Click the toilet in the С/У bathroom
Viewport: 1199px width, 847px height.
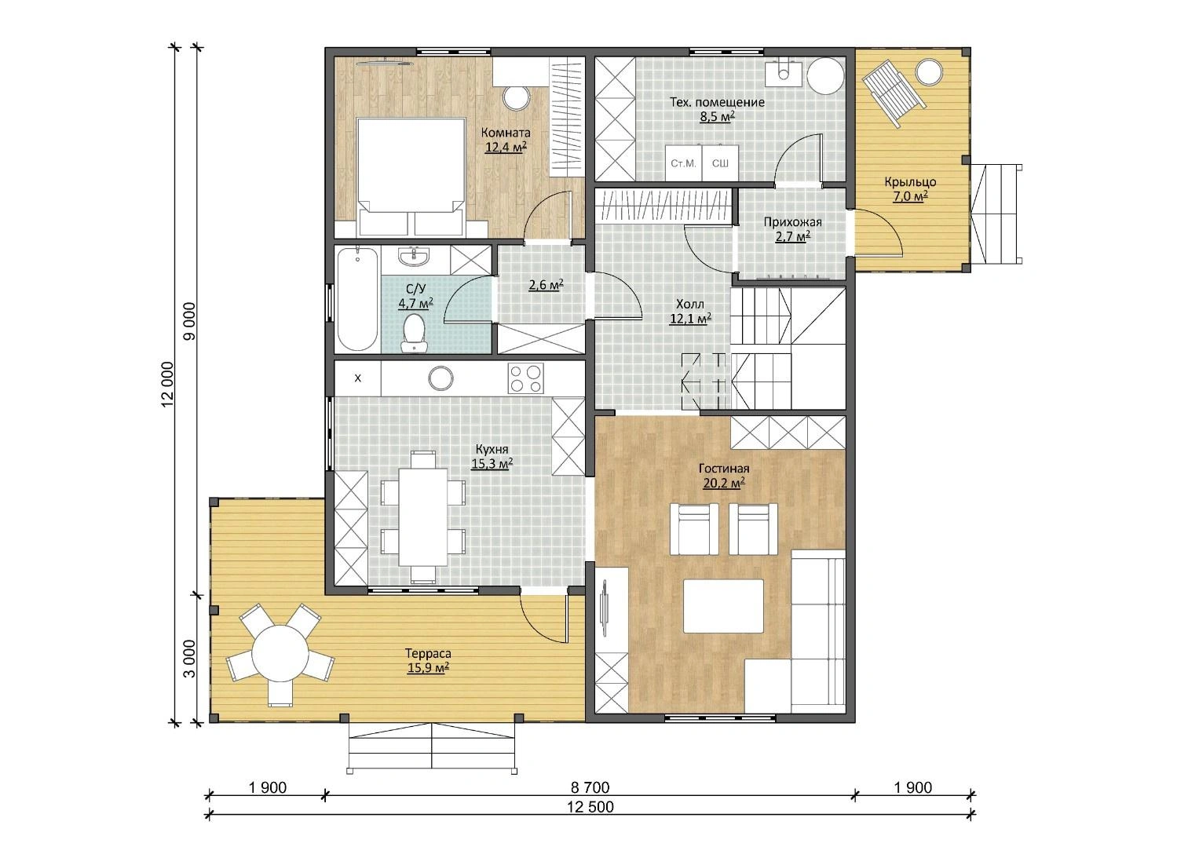(x=413, y=333)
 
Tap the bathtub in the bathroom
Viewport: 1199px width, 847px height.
(x=357, y=298)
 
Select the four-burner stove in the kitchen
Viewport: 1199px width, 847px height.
(x=525, y=378)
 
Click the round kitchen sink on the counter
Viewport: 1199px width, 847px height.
(x=440, y=378)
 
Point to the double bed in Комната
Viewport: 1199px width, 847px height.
(x=411, y=177)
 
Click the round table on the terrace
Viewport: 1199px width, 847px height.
(x=280, y=654)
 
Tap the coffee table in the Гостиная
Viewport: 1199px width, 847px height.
(x=723, y=606)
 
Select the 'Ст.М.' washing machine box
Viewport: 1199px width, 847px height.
(x=684, y=163)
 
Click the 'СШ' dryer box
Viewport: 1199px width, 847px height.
(x=721, y=163)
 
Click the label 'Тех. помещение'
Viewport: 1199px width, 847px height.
(x=717, y=102)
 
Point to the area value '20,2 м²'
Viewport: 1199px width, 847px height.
(x=724, y=484)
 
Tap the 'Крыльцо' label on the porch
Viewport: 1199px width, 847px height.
(x=910, y=182)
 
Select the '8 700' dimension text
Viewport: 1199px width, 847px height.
(x=590, y=787)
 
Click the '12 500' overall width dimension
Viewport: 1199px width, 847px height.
(x=591, y=807)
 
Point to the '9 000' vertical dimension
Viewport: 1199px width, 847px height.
(x=189, y=321)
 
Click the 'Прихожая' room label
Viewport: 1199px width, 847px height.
(x=793, y=221)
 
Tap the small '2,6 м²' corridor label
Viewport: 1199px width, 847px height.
(x=546, y=285)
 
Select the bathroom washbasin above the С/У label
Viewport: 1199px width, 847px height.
(x=413, y=256)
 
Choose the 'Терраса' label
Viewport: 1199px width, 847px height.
(x=428, y=653)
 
